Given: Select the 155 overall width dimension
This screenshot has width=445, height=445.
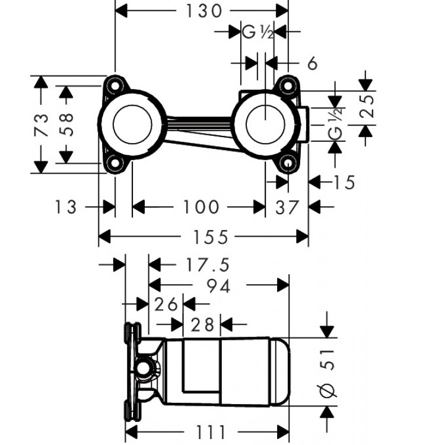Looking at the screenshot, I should tap(211, 237).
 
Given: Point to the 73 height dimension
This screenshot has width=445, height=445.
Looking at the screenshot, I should tap(40, 125).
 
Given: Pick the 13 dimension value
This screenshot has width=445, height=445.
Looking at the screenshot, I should tap(66, 206).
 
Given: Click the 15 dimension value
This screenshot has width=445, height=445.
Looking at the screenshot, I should tap(344, 182).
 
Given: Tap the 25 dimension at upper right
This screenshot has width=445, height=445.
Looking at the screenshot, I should tap(368, 107).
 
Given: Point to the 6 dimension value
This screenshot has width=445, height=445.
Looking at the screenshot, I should tap(313, 62).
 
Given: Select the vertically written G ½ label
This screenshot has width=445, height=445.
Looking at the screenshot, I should tap(336, 123).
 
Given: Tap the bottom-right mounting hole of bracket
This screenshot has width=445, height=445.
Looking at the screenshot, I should tap(289, 163).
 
